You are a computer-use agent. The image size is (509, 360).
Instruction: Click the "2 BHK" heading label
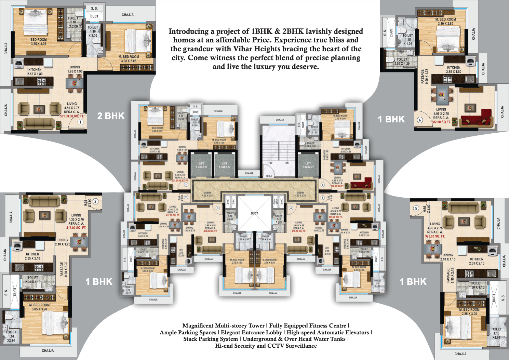coord(111,116)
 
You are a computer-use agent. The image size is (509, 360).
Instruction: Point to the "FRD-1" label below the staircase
coord(269,176)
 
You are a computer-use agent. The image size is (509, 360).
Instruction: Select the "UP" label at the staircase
coord(271,163)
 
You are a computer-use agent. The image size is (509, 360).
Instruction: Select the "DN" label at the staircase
coord(287,163)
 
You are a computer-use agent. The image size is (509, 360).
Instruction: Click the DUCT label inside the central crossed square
coord(254,213)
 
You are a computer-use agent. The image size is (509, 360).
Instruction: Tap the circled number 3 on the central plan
coord(217,208)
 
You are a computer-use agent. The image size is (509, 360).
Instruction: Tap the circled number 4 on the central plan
coord(291,208)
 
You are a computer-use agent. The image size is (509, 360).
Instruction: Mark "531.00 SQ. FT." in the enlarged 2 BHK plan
coord(72,116)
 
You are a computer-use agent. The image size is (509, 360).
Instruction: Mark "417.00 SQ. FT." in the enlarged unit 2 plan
coord(76,228)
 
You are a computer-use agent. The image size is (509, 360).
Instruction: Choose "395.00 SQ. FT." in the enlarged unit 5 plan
coord(435,236)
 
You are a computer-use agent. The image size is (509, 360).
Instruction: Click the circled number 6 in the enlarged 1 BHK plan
coord(420,120)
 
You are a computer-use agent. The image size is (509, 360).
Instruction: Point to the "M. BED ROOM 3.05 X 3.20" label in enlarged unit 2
coord(39,307)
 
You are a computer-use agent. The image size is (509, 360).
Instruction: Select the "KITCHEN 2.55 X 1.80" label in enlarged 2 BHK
coord(35,72)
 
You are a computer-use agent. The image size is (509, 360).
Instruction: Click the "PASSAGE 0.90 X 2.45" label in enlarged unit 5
coord(450,275)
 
